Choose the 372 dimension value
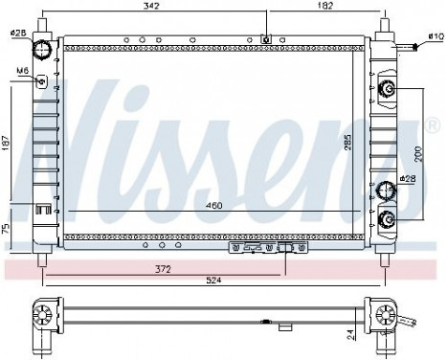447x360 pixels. (x=165, y=269)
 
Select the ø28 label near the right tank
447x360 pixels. (x=408, y=179)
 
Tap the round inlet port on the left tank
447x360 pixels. (x=41, y=50)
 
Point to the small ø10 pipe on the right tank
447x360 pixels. (x=409, y=46)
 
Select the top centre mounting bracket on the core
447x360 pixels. (x=265, y=39)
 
